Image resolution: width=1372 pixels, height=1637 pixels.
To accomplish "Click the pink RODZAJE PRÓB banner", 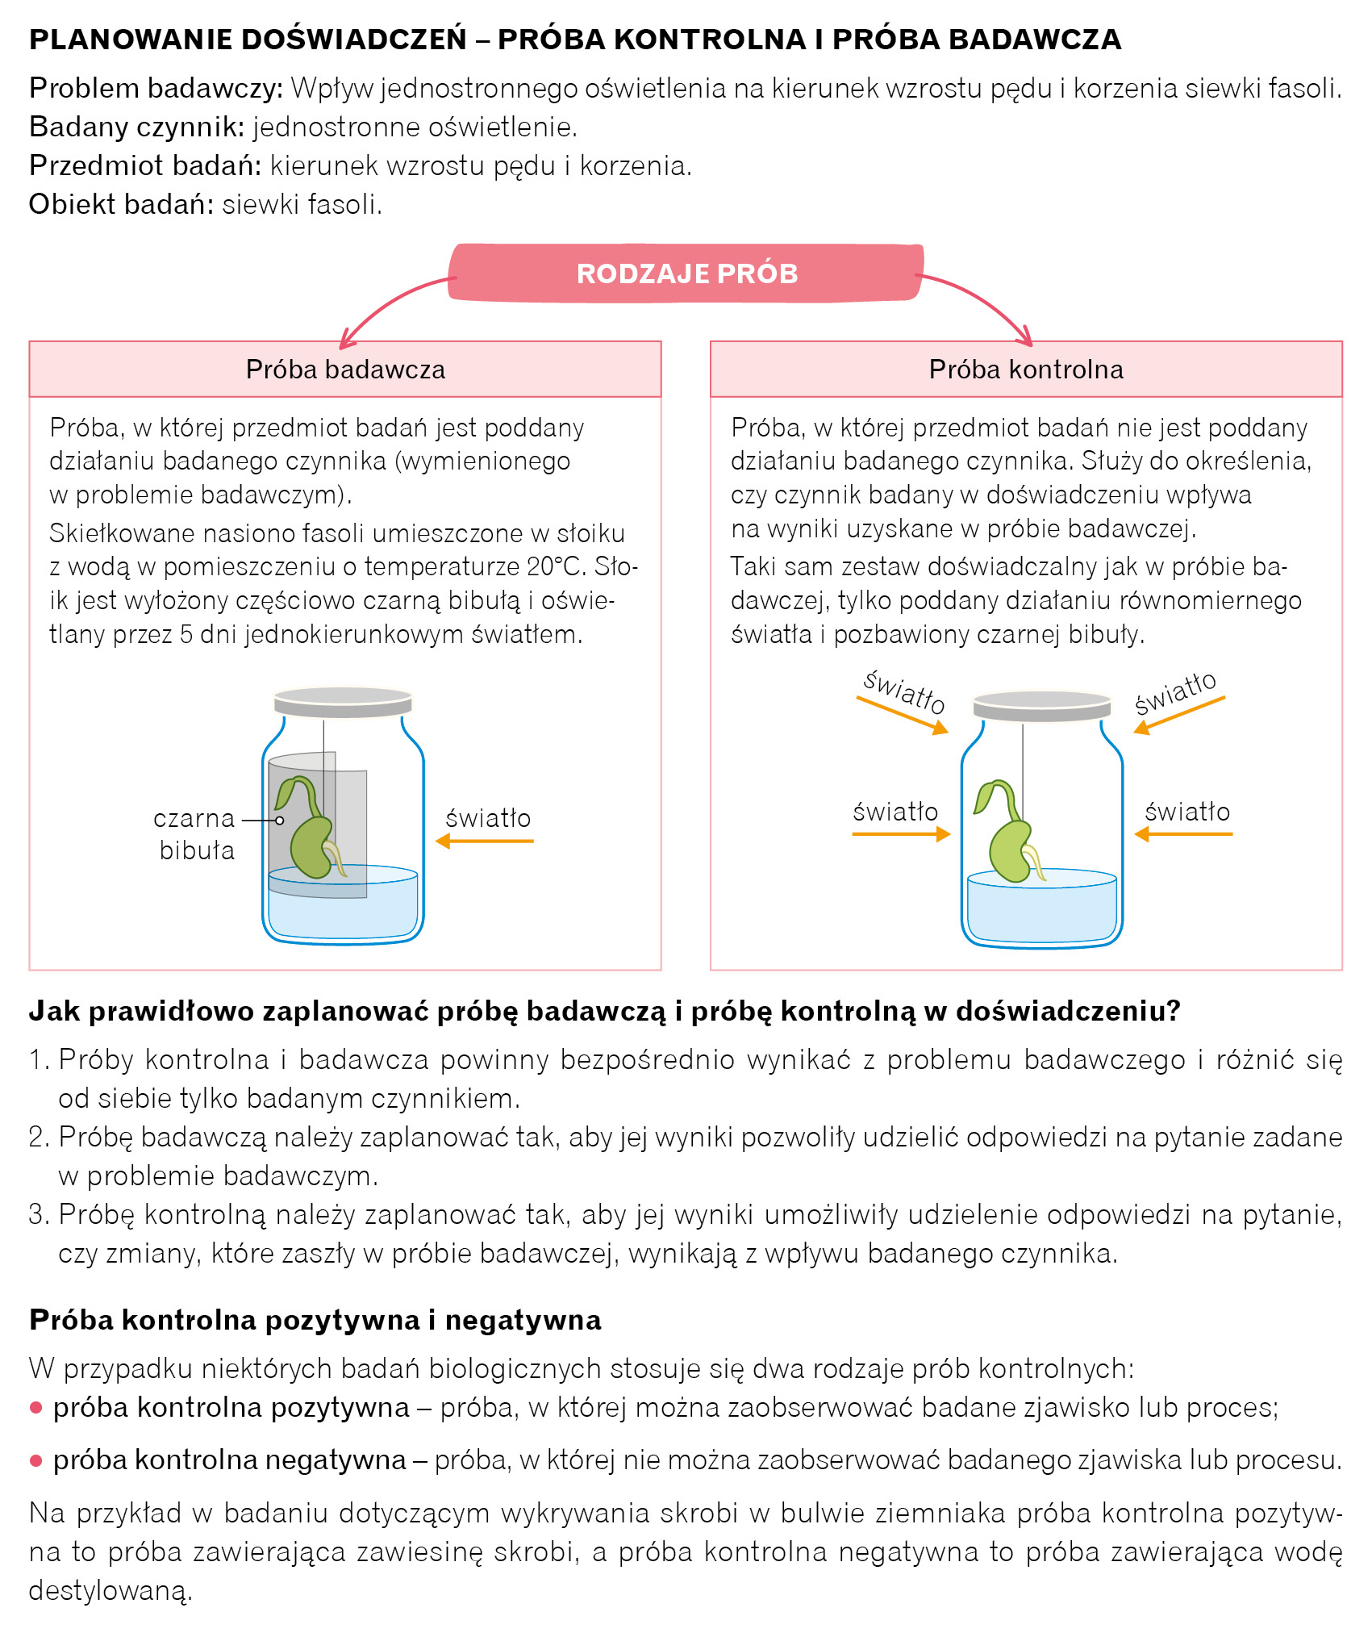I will (x=686, y=274).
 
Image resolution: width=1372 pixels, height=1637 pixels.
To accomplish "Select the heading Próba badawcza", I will (x=345, y=370).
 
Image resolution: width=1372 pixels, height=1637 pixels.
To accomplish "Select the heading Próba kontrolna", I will (x=1026, y=370).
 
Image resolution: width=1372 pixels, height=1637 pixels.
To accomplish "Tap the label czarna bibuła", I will (x=195, y=834).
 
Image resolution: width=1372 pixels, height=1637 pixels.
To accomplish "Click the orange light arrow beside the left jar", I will (x=485, y=841).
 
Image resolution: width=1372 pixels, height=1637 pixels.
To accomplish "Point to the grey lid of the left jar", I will (x=343, y=701).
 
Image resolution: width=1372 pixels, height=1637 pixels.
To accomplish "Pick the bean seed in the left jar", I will (x=311, y=847).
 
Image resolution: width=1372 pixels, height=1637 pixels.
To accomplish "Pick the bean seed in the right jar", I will (x=1010, y=851).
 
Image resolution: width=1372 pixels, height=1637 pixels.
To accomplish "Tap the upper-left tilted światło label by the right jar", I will (x=904, y=691).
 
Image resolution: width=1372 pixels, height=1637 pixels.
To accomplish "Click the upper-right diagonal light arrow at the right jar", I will (x=1178, y=716).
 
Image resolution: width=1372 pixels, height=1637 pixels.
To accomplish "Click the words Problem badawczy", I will (x=156, y=88).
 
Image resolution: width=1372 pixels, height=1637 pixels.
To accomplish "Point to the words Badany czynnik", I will (x=136, y=127).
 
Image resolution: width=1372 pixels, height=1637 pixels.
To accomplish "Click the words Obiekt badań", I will (x=121, y=204).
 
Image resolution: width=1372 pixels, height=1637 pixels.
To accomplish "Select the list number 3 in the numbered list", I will (x=39, y=1214).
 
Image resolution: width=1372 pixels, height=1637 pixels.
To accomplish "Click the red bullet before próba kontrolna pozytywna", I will (x=35, y=1408).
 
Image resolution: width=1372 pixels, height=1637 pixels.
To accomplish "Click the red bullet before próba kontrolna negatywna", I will (x=35, y=1460).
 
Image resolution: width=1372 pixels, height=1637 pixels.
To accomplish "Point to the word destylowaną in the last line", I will (x=110, y=1590).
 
